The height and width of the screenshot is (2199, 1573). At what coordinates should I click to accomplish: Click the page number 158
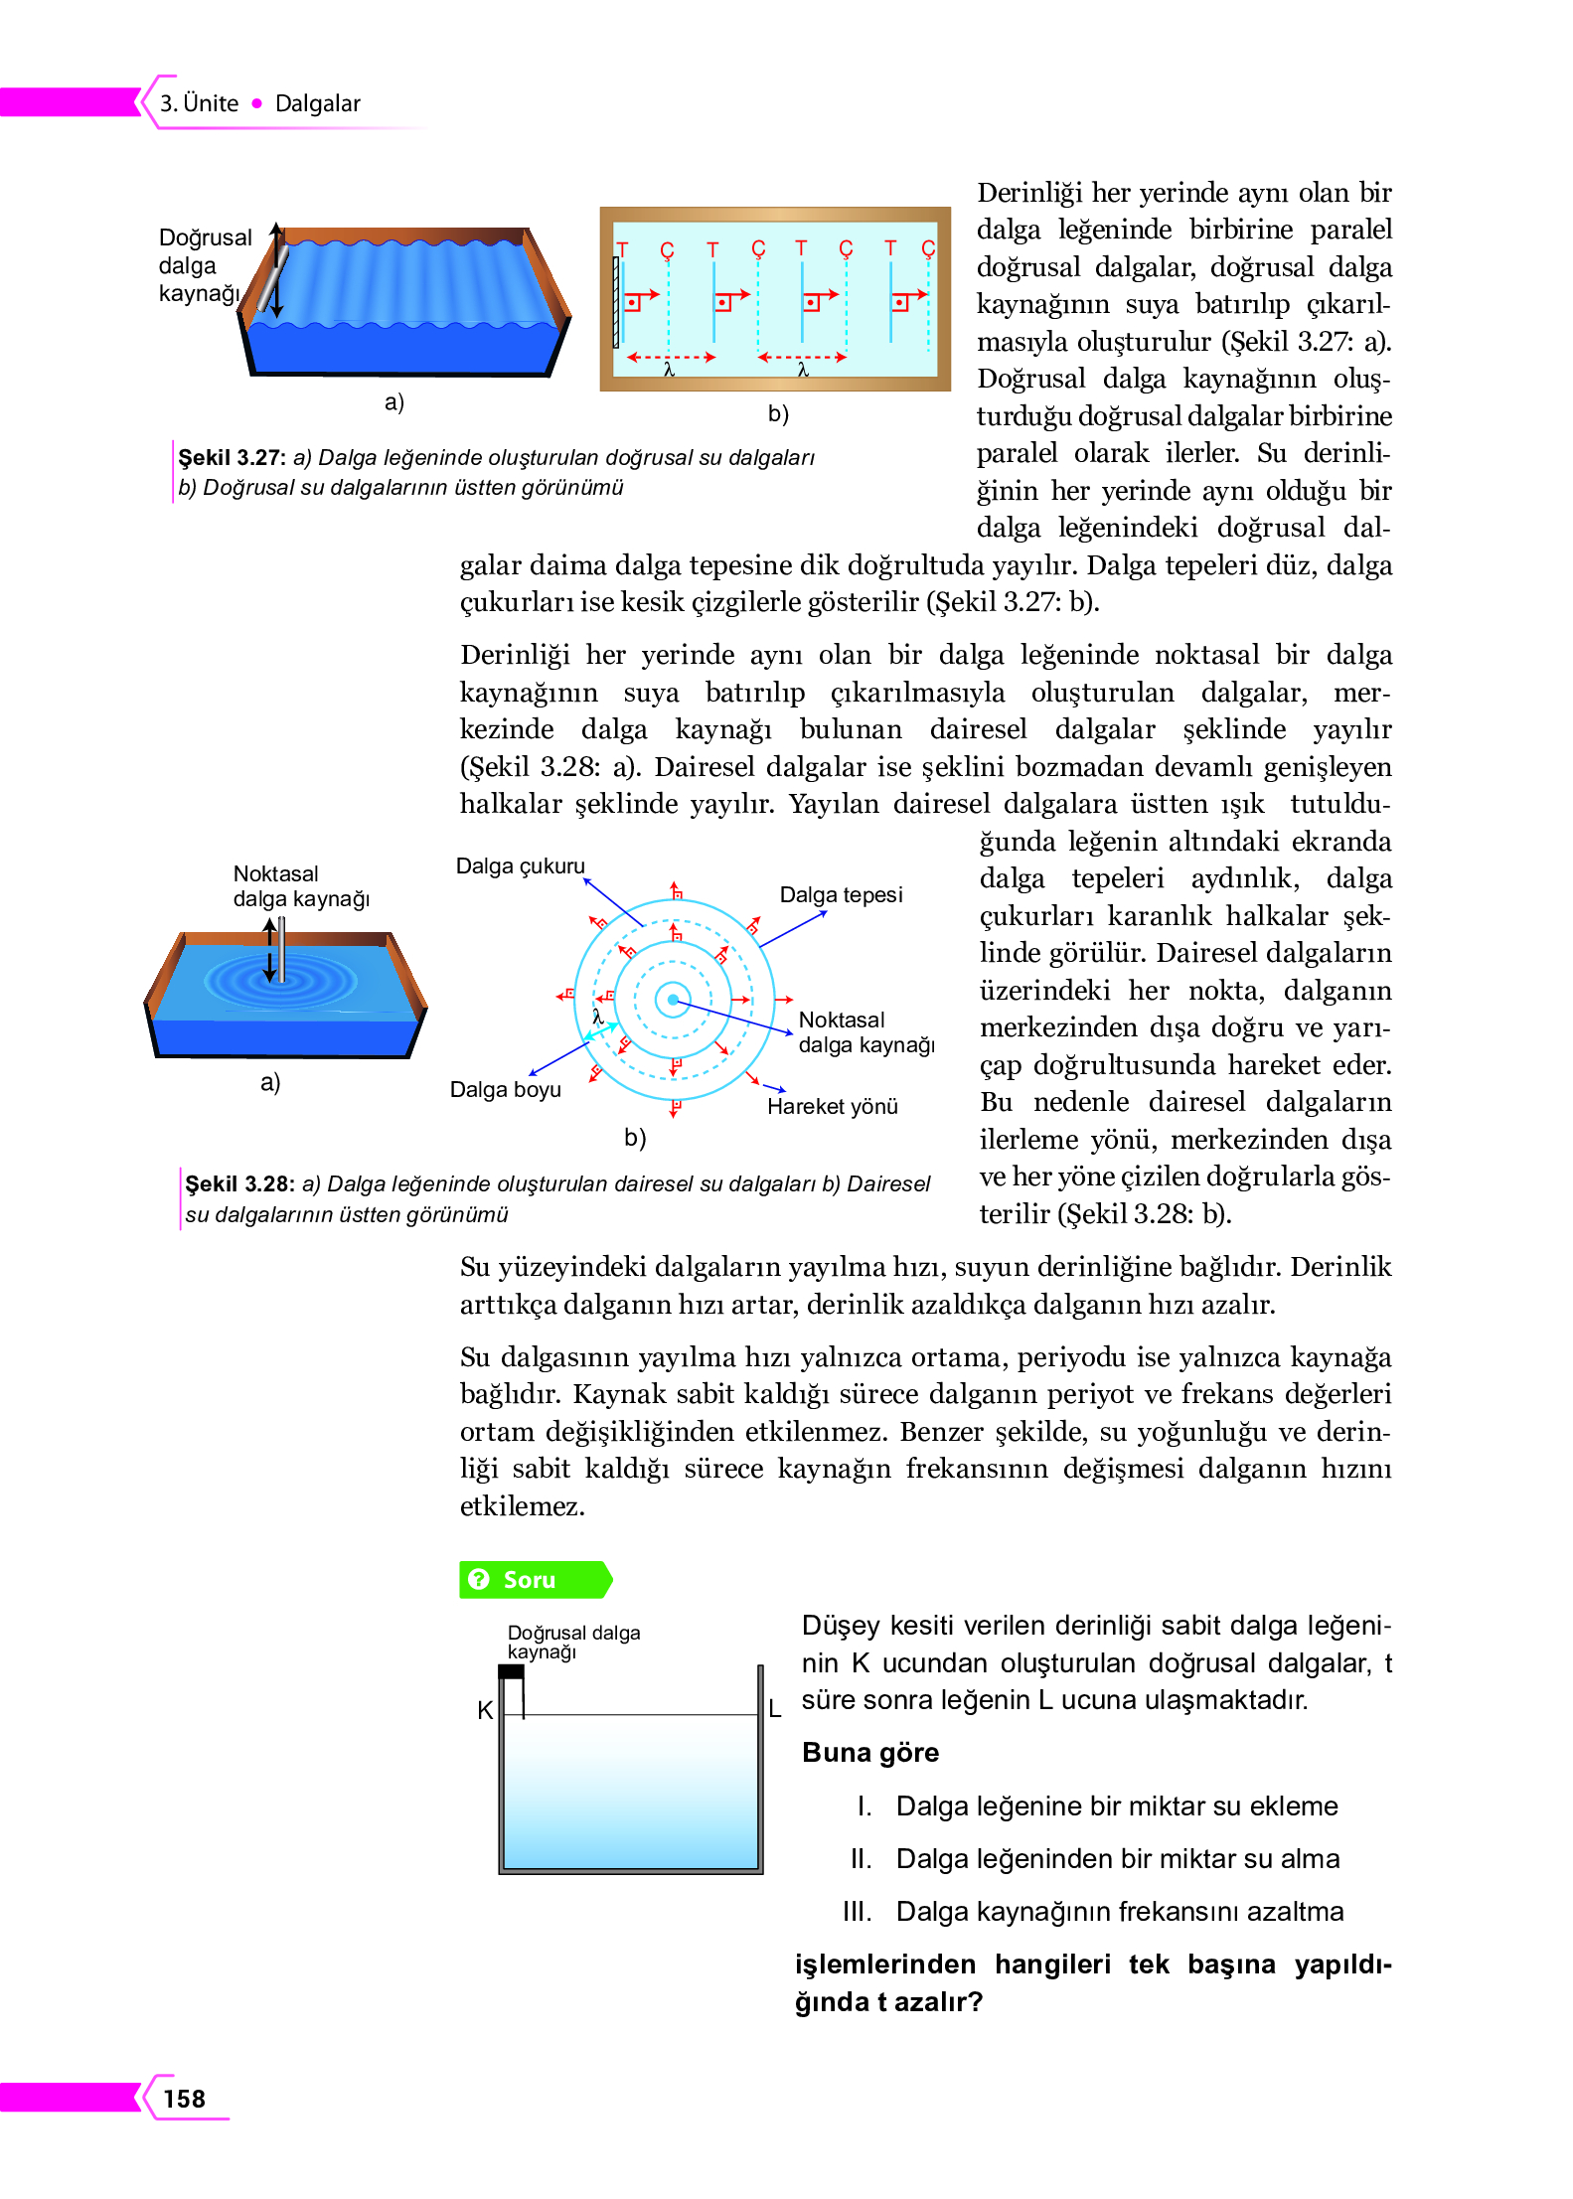click(184, 2098)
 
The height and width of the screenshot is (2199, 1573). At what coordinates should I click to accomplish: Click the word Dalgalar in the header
click(317, 103)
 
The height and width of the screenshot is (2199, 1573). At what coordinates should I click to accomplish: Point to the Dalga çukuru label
click(520, 865)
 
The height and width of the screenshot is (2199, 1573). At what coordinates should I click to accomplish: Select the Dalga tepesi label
click(841, 894)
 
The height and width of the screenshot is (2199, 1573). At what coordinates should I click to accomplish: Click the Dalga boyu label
click(505, 1089)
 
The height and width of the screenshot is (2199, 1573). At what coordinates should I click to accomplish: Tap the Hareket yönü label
click(832, 1106)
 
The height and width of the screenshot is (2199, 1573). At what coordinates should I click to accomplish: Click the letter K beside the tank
click(485, 1710)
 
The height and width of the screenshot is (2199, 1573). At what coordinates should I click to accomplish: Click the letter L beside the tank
click(775, 1709)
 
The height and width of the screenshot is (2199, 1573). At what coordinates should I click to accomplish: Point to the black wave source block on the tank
click(511, 1671)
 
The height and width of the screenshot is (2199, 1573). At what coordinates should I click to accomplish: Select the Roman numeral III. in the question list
click(857, 1911)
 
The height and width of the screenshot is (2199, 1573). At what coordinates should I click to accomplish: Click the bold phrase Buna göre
click(869, 1752)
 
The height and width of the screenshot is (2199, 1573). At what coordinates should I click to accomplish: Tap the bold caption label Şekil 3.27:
click(232, 457)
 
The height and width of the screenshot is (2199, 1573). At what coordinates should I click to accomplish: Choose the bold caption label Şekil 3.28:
click(238, 1183)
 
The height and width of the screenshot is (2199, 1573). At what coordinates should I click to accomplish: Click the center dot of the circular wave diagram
click(673, 1000)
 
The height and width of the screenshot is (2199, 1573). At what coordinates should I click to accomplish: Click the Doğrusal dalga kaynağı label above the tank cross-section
click(572, 1642)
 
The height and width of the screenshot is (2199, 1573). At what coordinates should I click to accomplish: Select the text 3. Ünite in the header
click(199, 103)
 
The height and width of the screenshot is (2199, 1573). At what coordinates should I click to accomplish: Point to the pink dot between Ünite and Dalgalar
click(256, 103)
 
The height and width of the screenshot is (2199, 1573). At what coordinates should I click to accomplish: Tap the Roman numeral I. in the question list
click(865, 1806)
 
